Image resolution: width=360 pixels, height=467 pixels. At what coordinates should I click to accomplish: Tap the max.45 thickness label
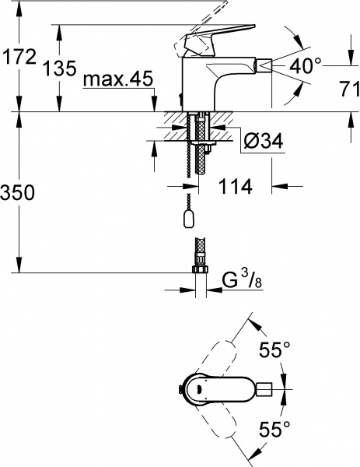(117, 82)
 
